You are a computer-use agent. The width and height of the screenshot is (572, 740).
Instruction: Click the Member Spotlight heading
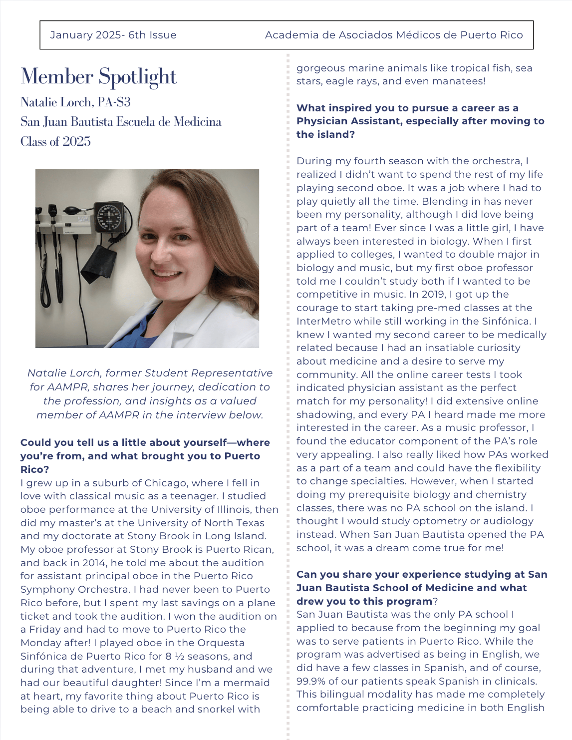click(99, 77)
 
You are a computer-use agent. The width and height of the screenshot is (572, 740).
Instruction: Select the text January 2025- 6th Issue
click(113, 35)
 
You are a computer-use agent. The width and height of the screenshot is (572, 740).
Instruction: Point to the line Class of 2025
click(55, 142)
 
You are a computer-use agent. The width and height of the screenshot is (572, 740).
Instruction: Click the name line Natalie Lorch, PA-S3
click(75, 102)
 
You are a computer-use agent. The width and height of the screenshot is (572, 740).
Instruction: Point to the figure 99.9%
click(313, 681)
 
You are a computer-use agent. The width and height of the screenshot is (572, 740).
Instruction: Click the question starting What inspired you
click(420, 121)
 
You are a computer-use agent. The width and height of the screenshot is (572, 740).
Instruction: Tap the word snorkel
click(218, 710)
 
